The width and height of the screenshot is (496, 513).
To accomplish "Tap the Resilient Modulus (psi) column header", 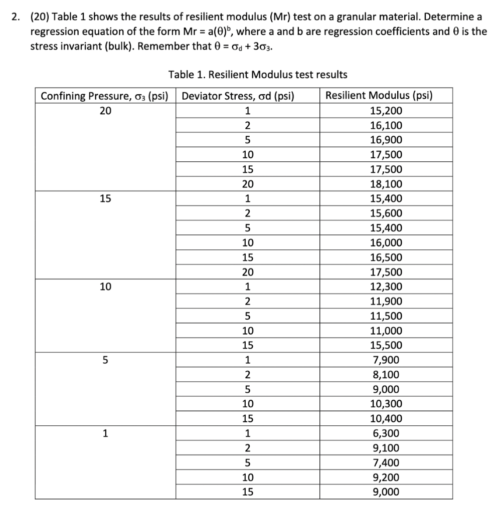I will (x=379, y=96).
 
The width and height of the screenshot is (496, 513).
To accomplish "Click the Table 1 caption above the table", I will (x=258, y=75).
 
